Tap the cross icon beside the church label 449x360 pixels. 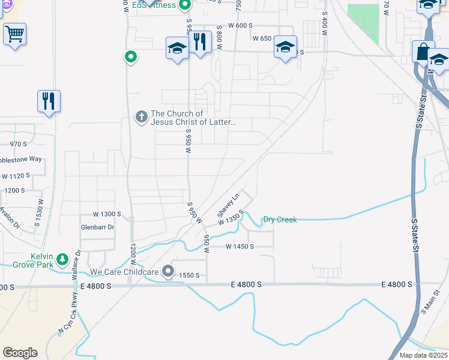141,117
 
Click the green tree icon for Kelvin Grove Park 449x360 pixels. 62,260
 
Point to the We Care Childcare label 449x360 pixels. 124,272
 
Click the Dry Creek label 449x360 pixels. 280,220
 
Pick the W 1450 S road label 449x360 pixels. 240,247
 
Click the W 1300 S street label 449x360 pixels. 107,214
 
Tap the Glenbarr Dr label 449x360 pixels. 97,227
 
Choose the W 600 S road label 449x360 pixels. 240,26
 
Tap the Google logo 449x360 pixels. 20,353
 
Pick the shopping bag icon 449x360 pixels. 423,52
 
